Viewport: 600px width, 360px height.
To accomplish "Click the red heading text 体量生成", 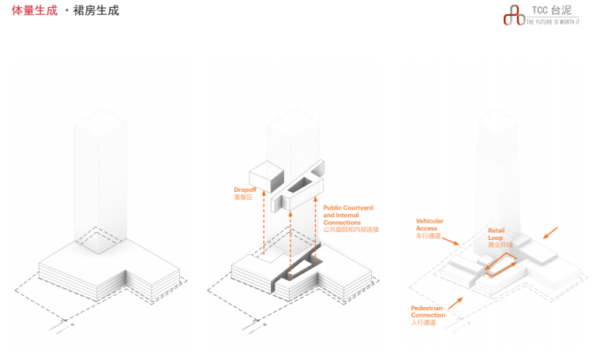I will click(35, 11).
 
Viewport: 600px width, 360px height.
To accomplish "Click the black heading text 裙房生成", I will click(96, 11).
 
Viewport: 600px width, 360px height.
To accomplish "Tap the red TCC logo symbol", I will click(514, 15).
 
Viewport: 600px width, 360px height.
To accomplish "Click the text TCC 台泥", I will click(551, 10).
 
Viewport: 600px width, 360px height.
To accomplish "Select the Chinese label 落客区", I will click(242, 198).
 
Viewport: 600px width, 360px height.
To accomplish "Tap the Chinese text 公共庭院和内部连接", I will click(351, 230).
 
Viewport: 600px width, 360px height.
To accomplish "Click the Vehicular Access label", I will click(429, 224).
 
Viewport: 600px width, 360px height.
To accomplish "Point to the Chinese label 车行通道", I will click(427, 236).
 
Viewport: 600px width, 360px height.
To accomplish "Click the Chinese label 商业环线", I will click(500, 245).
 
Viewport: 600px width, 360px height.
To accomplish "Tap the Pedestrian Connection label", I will click(429, 311).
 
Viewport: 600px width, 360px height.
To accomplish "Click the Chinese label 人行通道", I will click(422, 323).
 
